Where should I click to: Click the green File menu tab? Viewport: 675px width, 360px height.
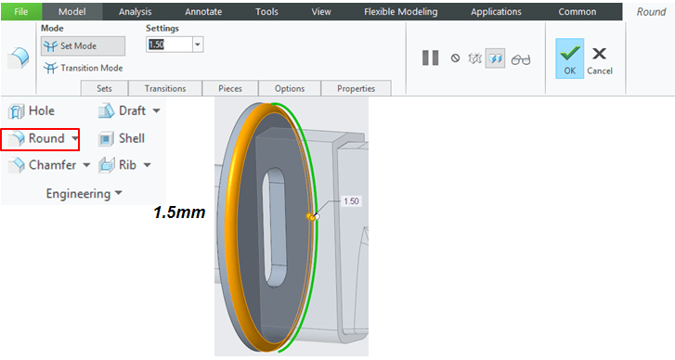pos(21,12)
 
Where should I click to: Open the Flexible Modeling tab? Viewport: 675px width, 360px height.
pos(400,12)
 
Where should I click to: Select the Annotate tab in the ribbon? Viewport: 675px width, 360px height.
pos(203,12)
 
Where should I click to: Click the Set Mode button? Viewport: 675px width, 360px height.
pos(83,46)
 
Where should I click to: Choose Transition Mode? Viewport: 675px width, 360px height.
pos(83,68)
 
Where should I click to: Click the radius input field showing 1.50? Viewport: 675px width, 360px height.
pos(169,45)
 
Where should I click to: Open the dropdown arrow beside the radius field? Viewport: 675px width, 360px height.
pos(198,45)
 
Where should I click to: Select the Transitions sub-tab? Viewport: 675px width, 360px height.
pos(165,88)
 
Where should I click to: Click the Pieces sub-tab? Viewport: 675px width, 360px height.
pos(230,88)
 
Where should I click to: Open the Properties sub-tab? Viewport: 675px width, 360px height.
pos(356,88)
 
